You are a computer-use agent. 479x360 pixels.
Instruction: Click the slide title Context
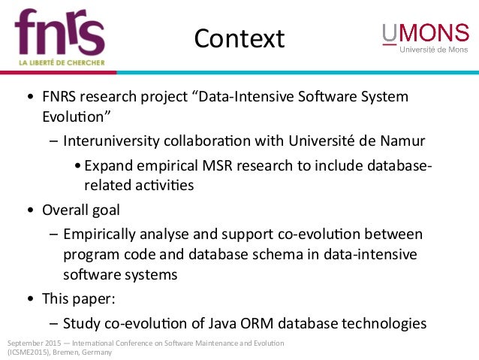(x=239, y=38)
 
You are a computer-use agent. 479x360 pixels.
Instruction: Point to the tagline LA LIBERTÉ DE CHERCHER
(x=60, y=62)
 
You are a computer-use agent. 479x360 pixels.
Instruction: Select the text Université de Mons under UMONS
(x=434, y=50)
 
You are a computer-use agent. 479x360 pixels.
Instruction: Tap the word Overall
(x=64, y=210)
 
